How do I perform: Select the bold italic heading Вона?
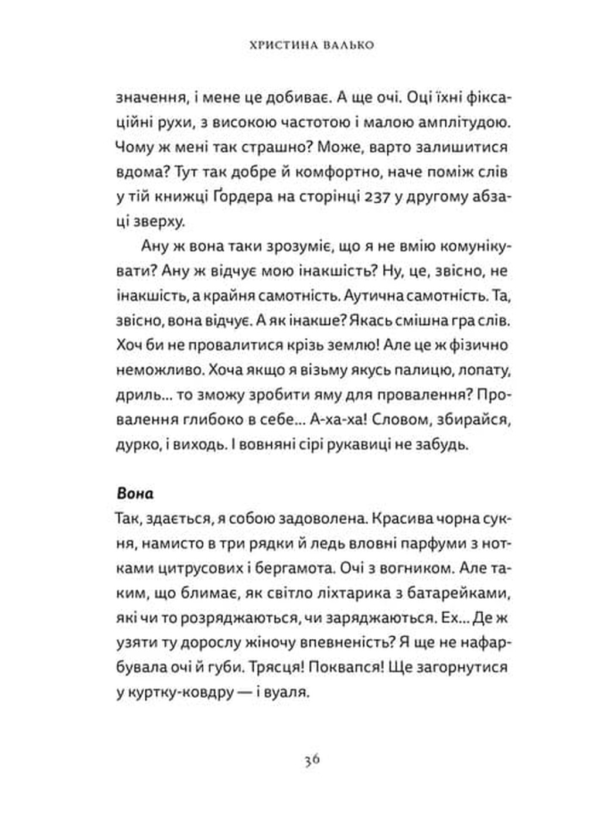[135, 493]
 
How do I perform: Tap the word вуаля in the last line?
[288, 692]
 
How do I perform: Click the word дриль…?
[143, 395]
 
